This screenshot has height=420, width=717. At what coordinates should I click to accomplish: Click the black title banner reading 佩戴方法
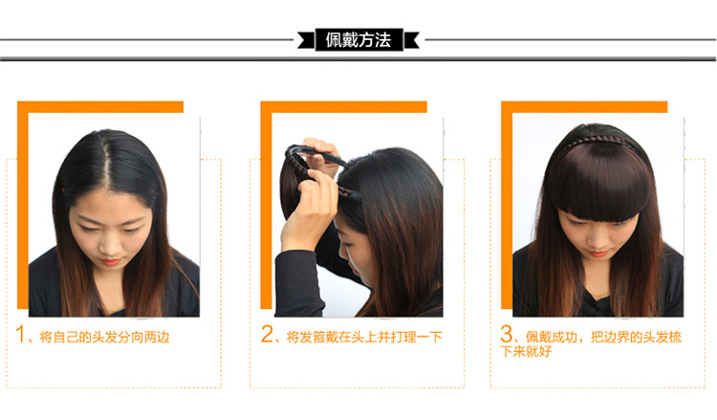(358, 40)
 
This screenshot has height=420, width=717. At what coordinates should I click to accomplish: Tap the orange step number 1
(20, 334)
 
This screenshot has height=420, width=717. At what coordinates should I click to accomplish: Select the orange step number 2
(267, 334)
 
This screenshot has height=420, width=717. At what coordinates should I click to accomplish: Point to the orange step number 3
(506, 334)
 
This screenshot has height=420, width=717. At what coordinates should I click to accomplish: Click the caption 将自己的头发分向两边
(104, 337)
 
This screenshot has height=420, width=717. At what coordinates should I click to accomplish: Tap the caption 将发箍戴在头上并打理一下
(364, 337)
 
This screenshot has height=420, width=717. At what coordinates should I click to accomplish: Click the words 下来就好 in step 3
(526, 351)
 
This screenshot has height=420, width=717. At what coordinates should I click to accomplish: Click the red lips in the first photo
(110, 262)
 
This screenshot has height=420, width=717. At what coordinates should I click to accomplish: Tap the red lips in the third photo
(597, 253)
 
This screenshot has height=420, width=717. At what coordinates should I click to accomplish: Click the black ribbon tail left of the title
(306, 40)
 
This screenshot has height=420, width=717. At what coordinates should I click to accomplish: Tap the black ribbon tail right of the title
(411, 40)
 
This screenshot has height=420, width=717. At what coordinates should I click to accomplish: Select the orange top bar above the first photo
(100, 107)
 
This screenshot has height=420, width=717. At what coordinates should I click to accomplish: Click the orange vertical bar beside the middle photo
(266, 210)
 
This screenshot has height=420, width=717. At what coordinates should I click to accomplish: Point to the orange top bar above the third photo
(584, 107)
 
